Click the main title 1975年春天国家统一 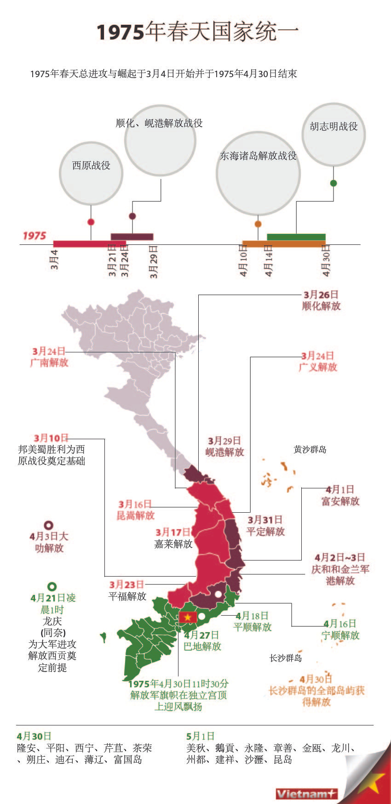point(198,32)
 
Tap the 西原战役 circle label point(91,165)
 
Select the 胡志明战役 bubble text point(333,126)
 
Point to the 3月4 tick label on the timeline point(55,260)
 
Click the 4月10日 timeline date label point(244,261)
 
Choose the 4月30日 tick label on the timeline point(326,261)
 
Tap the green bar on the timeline point(296,237)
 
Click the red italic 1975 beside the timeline point(34,236)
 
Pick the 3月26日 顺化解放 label point(321,300)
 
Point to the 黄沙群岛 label point(310,449)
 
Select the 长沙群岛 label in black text point(286,658)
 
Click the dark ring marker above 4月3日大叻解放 point(48,525)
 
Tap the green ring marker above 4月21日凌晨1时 point(52,586)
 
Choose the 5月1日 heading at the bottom point(201,736)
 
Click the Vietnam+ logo point(306,793)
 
